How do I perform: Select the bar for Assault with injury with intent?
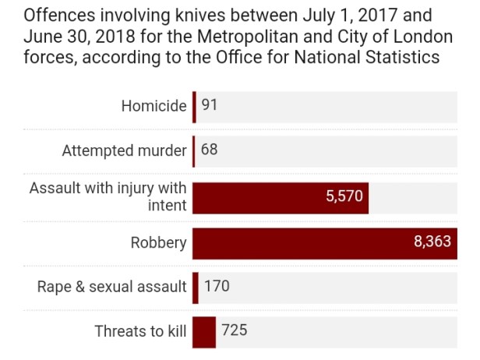tap(280, 197)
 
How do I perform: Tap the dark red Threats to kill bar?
tap(204, 331)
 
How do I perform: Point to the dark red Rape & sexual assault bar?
tap(196, 287)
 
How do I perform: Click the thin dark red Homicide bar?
tap(195, 107)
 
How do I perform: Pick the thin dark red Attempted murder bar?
tap(194, 151)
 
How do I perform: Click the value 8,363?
tap(432, 242)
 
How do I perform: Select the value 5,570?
tap(344, 196)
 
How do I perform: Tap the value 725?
tap(234, 331)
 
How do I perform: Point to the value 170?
tap(217, 287)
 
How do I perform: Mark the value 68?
tap(209, 150)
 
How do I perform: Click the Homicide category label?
tap(154, 107)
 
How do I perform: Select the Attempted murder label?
tap(125, 151)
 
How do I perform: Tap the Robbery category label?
tap(159, 242)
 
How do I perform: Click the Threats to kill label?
tap(140, 331)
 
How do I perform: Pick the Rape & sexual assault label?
tap(112, 287)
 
